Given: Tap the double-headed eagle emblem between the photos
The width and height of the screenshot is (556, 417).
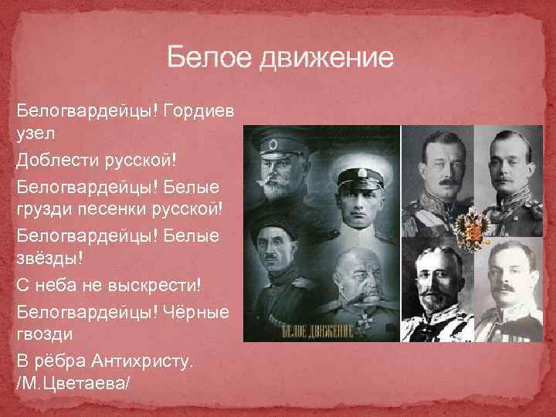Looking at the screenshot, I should pos(470,226).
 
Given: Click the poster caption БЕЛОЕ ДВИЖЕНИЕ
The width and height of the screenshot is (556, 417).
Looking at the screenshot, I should pos(318,331).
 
